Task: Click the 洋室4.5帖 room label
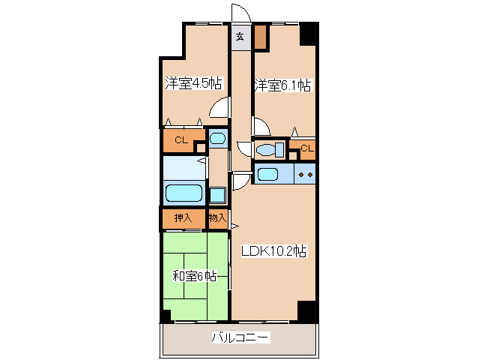pos(193,83)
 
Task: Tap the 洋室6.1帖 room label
pos(282,85)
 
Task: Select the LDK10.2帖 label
pos(273,253)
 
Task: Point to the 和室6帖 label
pos(195,276)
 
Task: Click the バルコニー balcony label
pos(240,337)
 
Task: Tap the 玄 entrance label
pos(240,35)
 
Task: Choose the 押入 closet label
pos(183,218)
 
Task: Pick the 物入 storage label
pos(217,218)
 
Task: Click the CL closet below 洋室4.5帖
pos(181,140)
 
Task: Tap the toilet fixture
pos(267,150)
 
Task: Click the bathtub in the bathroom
pos(184,193)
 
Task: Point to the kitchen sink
pos(267,175)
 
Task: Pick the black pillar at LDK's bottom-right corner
pos(307,310)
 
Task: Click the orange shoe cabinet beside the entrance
pos(260,36)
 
